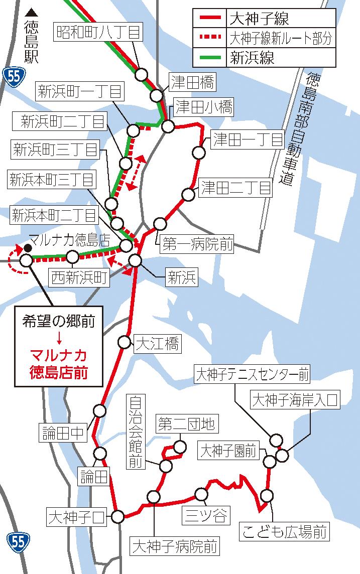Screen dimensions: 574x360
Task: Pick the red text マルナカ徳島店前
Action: [59, 364]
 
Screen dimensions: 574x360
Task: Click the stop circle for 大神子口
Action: [118, 516]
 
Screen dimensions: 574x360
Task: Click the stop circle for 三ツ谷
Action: [201, 494]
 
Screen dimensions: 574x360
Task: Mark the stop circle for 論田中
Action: [100, 411]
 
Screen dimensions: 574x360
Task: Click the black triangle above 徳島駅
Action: [32, 12]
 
